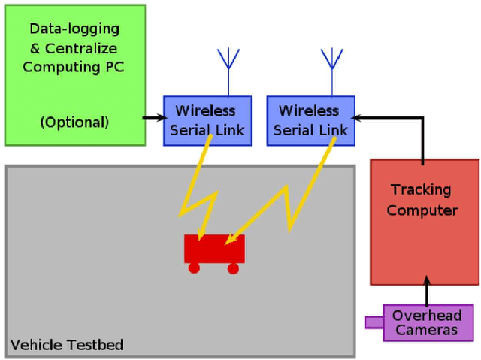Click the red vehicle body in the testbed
213,249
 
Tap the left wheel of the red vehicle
194,268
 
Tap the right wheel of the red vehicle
233,268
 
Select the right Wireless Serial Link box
310,120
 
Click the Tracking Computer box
424,222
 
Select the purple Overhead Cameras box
428,322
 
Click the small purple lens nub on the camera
374,322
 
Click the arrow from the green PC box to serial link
155,118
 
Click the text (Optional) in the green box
74,121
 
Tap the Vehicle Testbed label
67,345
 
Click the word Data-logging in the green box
74,29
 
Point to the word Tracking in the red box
420,190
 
